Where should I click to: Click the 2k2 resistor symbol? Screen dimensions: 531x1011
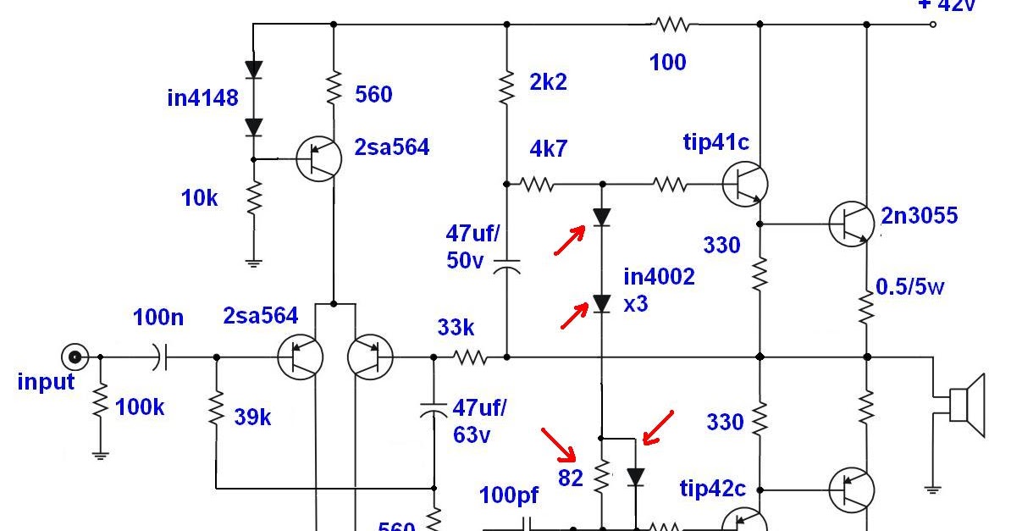pyautogui.click(x=506, y=86)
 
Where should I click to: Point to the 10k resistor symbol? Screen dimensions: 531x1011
pyautogui.click(x=253, y=200)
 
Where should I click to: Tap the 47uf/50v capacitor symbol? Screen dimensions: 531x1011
pyautogui.click(x=506, y=268)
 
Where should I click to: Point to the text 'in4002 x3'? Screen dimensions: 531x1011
pyautogui.click(x=659, y=290)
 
